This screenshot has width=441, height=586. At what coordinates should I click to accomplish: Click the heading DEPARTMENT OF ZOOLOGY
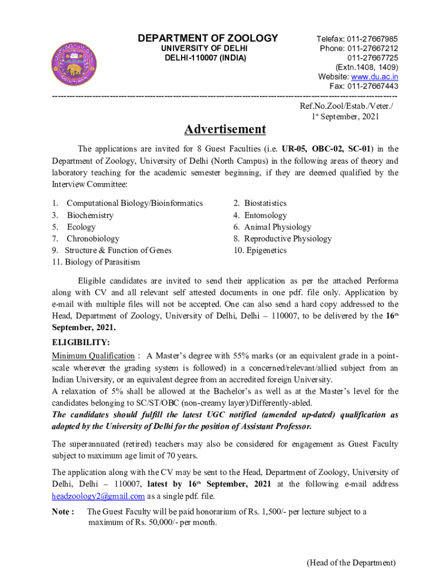pyautogui.click(x=208, y=38)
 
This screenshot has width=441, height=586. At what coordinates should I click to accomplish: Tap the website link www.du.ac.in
pyautogui.click(x=375, y=77)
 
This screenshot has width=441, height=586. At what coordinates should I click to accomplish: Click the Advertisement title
pyautogui.click(x=225, y=129)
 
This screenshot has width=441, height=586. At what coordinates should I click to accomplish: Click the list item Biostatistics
pyautogui.click(x=265, y=203)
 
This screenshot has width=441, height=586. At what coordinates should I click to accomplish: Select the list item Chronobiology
pyautogui.click(x=93, y=239)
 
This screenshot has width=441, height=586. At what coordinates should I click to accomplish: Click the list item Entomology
pyautogui.click(x=265, y=215)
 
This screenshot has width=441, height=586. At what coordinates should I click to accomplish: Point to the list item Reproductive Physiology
pyautogui.click(x=288, y=239)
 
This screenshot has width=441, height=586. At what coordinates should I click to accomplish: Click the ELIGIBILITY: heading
pyautogui.click(x=81, y=342)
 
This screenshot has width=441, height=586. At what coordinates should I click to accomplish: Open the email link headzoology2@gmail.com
pyautogui.click(x=98, y=496)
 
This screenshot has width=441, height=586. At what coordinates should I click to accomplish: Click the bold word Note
pyautogui.click(x=61, y=512)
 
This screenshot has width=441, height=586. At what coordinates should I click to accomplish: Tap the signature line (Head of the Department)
pyautogui.click(x=351, y=563)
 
